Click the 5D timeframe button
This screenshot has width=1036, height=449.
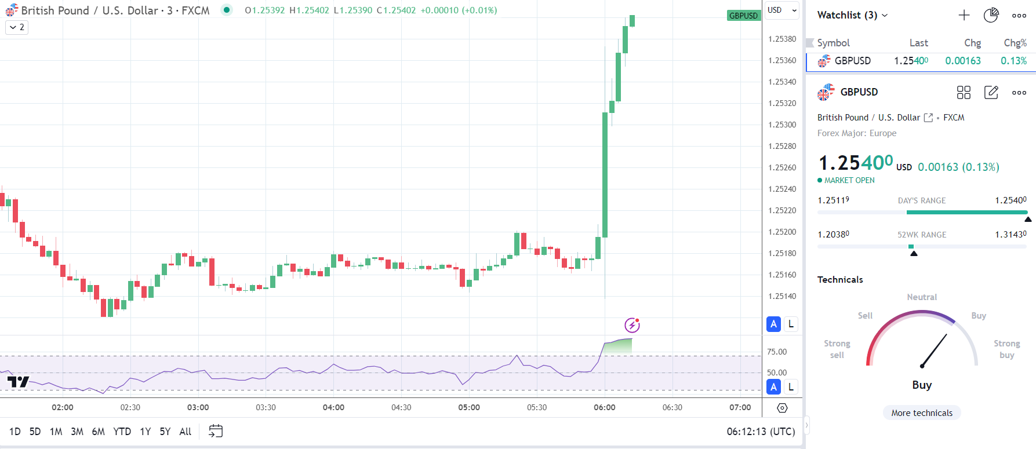35,432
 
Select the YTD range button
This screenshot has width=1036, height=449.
122,432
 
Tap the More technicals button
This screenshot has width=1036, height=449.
922,413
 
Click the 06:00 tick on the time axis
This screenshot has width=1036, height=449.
605,407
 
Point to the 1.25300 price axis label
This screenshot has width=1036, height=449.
782,125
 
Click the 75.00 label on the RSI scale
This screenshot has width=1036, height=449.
777,352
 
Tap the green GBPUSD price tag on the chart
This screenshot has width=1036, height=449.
743,16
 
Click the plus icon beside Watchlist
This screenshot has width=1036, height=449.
964,15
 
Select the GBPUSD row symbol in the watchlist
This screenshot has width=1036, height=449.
852,61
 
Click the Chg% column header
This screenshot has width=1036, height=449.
1015,43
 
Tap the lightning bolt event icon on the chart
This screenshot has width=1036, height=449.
632,325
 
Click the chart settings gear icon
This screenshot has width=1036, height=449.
782,408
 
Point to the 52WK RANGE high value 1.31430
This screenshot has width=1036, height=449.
1010,234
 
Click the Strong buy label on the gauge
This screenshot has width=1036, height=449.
1006,349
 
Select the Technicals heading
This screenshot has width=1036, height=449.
840,279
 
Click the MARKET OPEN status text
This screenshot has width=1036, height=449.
849,180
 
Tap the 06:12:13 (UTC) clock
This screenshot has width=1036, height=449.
761,432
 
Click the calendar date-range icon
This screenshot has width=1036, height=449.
216,432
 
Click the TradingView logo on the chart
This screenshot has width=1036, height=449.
18,382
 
